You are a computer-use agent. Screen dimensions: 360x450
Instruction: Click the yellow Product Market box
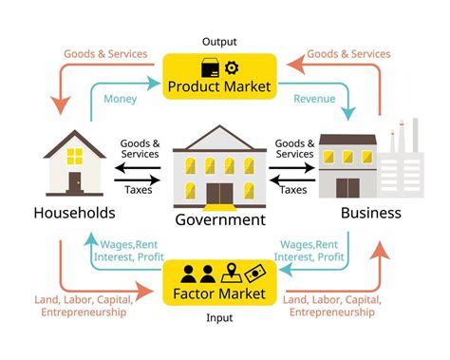[219, 76]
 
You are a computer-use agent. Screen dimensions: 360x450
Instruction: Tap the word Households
[74, 212]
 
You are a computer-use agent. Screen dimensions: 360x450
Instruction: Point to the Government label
[219, 220]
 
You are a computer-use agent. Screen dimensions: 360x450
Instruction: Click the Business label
[370, 212]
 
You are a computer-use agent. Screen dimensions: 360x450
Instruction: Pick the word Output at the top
[219, 42]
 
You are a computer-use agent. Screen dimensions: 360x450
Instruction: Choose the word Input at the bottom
[219, 318]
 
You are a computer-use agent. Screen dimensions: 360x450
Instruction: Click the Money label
[120, 99]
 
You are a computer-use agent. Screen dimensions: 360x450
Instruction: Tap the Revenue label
[314, 99]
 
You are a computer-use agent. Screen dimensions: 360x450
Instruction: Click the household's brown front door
[74, 180]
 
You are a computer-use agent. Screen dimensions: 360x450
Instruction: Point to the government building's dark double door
[219, 192]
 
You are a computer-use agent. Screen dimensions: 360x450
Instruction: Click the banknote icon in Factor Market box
[253, 275]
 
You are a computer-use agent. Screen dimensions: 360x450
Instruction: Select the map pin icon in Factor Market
[229, 275]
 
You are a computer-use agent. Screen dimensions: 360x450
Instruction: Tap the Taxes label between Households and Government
[139, 190]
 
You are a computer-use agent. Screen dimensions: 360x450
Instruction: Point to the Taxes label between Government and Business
[294, 190]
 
